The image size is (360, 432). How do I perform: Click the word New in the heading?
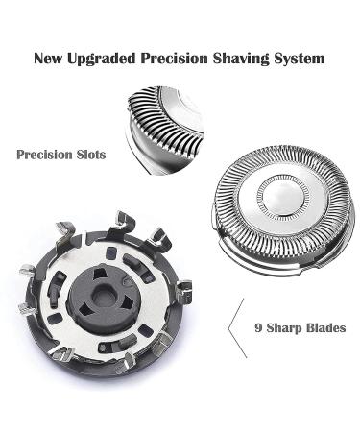click(50, 58)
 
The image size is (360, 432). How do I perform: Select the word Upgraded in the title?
click(104, 58)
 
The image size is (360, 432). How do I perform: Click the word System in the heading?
click(302, 58)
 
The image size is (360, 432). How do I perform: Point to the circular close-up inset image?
click(169, 125)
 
